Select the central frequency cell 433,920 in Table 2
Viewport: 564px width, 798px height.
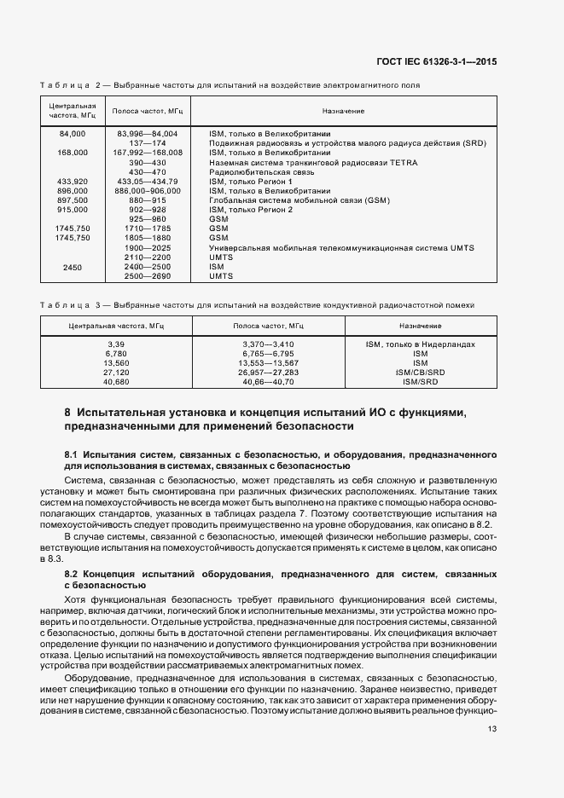pos(73,182)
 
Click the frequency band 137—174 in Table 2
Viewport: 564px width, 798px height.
pos(147,143)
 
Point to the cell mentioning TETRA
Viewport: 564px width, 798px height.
pos(313,162)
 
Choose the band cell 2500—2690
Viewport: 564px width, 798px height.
pos(147,276)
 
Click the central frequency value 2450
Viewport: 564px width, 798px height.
pos(73,267)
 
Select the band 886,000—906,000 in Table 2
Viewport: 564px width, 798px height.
pos(147,191)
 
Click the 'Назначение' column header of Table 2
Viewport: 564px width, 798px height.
pos(343,112)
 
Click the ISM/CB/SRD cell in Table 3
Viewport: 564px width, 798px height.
pos(420,373)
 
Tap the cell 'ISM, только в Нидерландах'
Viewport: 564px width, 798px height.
pos(420,344)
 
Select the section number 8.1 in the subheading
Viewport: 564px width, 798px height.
pos(72,455)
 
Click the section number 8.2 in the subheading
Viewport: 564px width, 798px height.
pos(72,575)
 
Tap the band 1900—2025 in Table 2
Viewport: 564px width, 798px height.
pos(147,248)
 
